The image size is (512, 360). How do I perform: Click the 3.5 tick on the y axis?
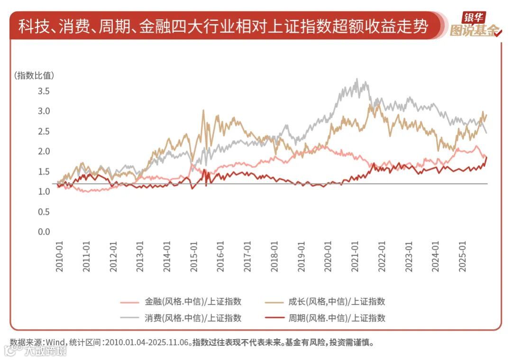point(44,91)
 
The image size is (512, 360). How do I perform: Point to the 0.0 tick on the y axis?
point(44,232)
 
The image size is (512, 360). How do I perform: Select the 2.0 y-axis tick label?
point(44,151)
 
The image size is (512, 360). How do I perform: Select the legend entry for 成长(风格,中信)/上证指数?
point(337,301)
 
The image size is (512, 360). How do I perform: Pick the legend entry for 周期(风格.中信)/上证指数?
point(337,318)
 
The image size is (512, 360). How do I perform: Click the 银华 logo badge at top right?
point(474,18)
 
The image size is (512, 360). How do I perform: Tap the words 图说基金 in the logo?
point(474,31)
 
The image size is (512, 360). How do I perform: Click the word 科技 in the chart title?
point(31,27)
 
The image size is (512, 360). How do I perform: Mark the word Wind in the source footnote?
point(55,342)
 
